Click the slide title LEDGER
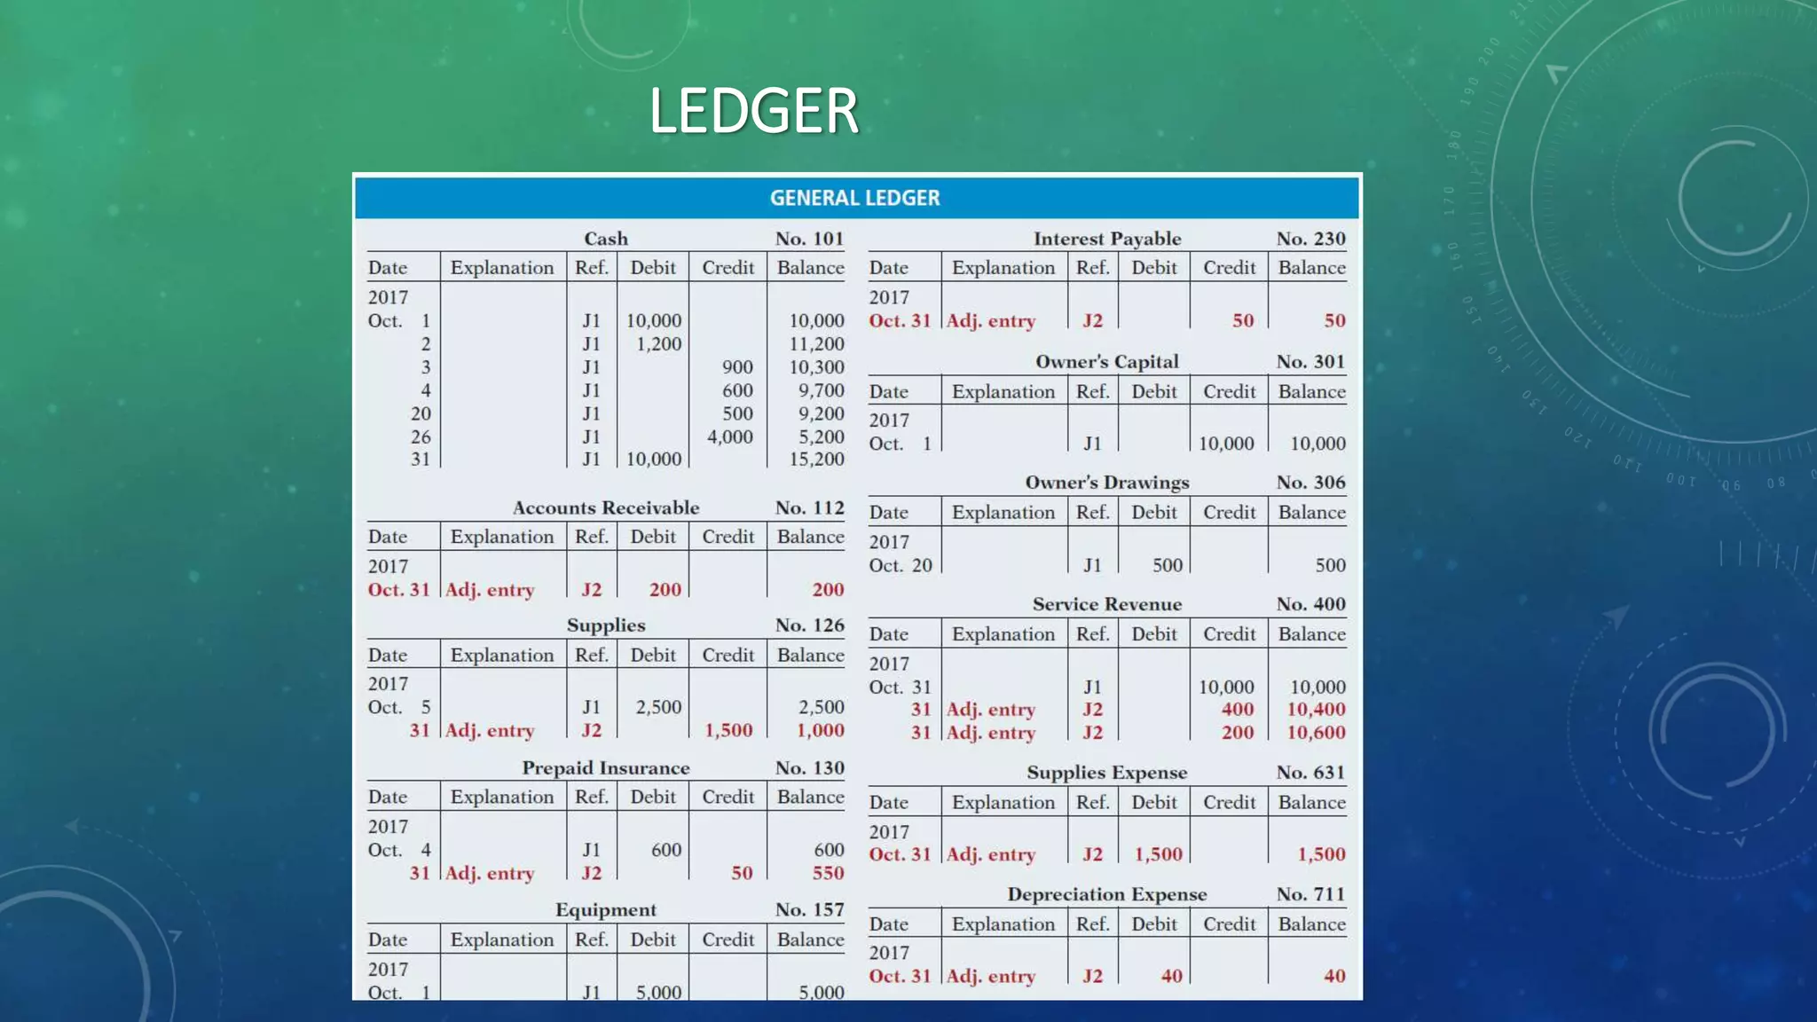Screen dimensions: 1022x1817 [x=753, y=111]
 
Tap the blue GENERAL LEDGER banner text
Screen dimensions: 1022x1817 [x=854, y=198]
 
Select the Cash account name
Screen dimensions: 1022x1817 [x=606, y=239]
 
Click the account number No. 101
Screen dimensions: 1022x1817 [x=809, y=239]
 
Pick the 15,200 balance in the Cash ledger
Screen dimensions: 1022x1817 [x=816, y=460]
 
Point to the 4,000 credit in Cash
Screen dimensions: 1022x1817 [x=729, y=436]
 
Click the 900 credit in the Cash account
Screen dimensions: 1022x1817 [x=736, y=367]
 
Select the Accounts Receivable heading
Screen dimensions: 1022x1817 [x=606, y=507]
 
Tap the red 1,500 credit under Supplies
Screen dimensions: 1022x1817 [x=728, y=730]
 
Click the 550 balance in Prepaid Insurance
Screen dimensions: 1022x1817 [x=828, y=873]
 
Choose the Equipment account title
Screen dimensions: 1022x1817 [x=606, y=909]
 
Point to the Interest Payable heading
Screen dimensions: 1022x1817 [x=1107, y=239]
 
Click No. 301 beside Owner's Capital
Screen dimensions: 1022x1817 [x=1310, y=362]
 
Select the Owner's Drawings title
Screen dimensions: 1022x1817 [x=1107, y=483]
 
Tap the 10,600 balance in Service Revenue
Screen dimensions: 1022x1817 [x=1316, y=733]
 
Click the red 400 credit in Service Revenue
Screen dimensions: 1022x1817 [x=1237, y=710]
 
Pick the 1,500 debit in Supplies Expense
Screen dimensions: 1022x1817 [x=1158, y=854]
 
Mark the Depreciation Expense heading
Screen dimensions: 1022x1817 [x=1107, y=894]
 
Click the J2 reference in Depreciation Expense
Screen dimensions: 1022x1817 [x=1092, y=976]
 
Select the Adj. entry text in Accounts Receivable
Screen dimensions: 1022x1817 [x=490, y=590]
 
